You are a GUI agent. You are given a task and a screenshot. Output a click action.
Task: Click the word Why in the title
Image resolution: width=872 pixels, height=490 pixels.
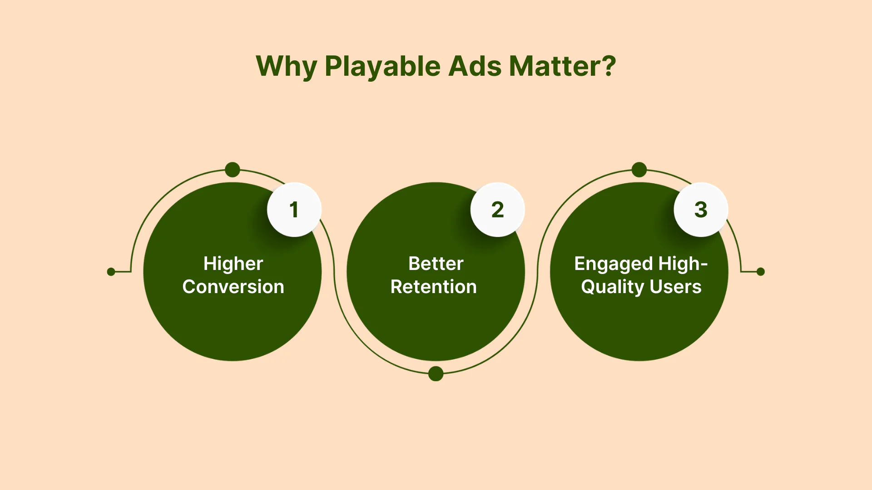tap(287, 67)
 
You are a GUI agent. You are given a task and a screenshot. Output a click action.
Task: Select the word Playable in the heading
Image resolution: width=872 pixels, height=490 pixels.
tap(383, 67)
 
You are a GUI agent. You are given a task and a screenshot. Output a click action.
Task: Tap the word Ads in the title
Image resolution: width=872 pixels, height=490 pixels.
tap(475, 66)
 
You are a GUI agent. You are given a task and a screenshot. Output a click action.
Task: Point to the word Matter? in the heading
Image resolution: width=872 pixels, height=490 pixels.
tap(563, 66)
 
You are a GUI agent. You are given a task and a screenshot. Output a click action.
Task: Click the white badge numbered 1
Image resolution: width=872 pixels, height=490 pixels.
tap(294, 210)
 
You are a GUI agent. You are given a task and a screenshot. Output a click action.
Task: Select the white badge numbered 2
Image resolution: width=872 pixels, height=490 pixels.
tap(498, 210)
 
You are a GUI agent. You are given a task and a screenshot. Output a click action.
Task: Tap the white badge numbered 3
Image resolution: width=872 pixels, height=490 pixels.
tap(701, 210)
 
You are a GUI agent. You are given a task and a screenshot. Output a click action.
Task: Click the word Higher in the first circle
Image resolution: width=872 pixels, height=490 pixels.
tap(233, 264)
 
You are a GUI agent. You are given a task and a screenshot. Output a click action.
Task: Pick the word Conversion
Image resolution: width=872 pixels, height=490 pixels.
tap(233, 287)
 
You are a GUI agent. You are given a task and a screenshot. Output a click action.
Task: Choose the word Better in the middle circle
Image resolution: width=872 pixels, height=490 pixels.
tap(436, 264)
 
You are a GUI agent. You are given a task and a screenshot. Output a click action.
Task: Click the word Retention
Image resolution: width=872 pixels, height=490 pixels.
tap(434, 287)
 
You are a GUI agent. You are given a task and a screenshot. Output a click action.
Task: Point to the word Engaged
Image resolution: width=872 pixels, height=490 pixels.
tap(614, 264)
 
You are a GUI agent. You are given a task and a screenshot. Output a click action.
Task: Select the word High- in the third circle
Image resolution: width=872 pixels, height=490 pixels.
tap(683, 264)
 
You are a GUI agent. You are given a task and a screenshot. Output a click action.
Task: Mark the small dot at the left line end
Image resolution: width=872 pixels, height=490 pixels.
tap(111, 272)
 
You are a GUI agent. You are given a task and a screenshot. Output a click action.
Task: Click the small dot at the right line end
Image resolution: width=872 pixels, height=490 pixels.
tap(761, 272)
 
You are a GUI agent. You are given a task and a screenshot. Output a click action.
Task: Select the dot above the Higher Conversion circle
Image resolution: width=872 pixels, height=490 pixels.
tap(233, 170)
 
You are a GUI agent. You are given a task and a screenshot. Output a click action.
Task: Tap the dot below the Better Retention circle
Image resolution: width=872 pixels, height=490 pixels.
tap(436, 374)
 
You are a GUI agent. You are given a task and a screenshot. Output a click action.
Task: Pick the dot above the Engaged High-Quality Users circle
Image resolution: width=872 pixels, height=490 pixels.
tap(639, 170)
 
